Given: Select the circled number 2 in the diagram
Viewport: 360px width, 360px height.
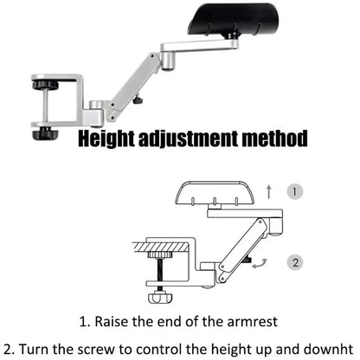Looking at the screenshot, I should (293, 261).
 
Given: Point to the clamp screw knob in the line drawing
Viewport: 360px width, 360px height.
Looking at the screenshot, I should (158, 299).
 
